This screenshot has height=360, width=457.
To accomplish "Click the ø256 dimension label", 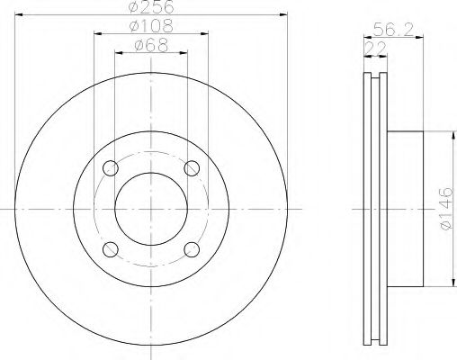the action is (x=151, y=6).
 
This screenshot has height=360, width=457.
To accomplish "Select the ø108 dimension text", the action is (x=151, y=26).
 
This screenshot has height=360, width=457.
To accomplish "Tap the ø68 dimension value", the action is (x=151, y=46).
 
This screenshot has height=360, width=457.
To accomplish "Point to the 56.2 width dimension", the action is (x=393, y=30).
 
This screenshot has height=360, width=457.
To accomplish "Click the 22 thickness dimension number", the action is (x=376, y=49).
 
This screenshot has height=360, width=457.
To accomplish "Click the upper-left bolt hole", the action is (x=111, y=168).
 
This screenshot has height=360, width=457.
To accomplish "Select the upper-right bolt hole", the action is (x=192, y=168).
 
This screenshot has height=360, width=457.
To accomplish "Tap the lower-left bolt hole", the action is (x=111, y=249).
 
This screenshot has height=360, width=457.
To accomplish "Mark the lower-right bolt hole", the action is (x=192, y=249).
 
